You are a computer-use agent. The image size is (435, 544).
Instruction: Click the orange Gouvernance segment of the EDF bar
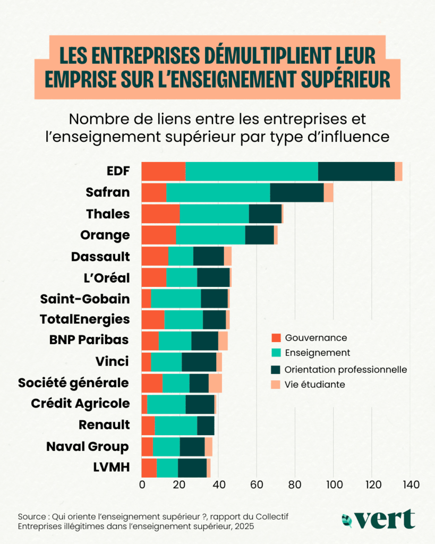(x=163, y=172)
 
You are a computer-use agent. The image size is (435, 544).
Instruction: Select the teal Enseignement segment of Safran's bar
(x=218, y=192)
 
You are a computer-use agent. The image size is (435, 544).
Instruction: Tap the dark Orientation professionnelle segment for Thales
(x=265, y=214)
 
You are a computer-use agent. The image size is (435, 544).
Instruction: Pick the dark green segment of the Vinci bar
(x=199, y=362)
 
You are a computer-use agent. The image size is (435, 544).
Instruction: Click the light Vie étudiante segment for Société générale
(x=215, y=383)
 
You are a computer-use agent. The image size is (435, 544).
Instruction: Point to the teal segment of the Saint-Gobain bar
(x=176, y=299)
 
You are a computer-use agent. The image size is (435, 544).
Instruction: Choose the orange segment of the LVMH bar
(x=149, y=467)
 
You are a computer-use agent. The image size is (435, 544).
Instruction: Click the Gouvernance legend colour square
(x=275, y=338)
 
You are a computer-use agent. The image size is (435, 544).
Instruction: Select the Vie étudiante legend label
(x=315, y=384)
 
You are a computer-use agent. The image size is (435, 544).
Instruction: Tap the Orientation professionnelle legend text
(x=346, y=369)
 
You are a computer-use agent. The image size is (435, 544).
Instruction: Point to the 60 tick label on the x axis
(x=257, y=484)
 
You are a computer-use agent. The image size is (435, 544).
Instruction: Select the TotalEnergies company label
(x=84, y=319)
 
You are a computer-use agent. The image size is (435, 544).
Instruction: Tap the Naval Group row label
(x=88, y=446)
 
